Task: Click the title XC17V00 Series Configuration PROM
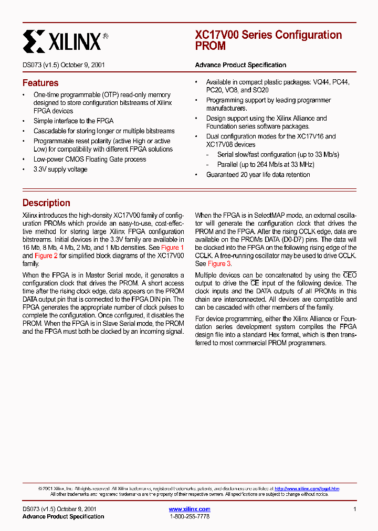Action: pyautogui.click(x=268, y=40)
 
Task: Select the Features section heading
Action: pyautogui.click(x=40, y=83)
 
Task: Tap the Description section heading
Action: pyautogui.click(x=46, y=203)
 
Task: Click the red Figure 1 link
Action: pyautogui.click(x=172, y=247)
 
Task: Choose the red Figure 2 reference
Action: pyautogui.click(x=46, y=256)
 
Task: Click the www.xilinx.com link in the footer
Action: pyautogui.click(x=189, y=509)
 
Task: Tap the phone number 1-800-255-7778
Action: pyautogui.click(x=190, y=517)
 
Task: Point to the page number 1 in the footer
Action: pyautogui.click(x=355, y=509)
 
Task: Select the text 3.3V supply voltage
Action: pyautogui.click(x=60, y=169)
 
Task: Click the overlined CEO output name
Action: pyautogui.click(x=350, y=275)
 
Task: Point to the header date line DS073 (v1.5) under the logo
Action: pyautogui.click(x=64, y=65)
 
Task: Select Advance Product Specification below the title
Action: pyautogui.click(x=240, y=65)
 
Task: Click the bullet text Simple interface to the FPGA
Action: pyautogui.click(x=73, y=121)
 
